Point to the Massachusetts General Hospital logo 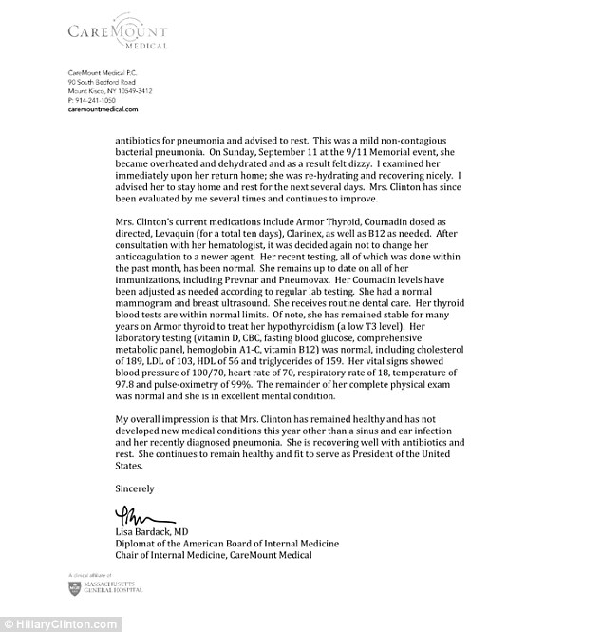pos(104,588)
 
